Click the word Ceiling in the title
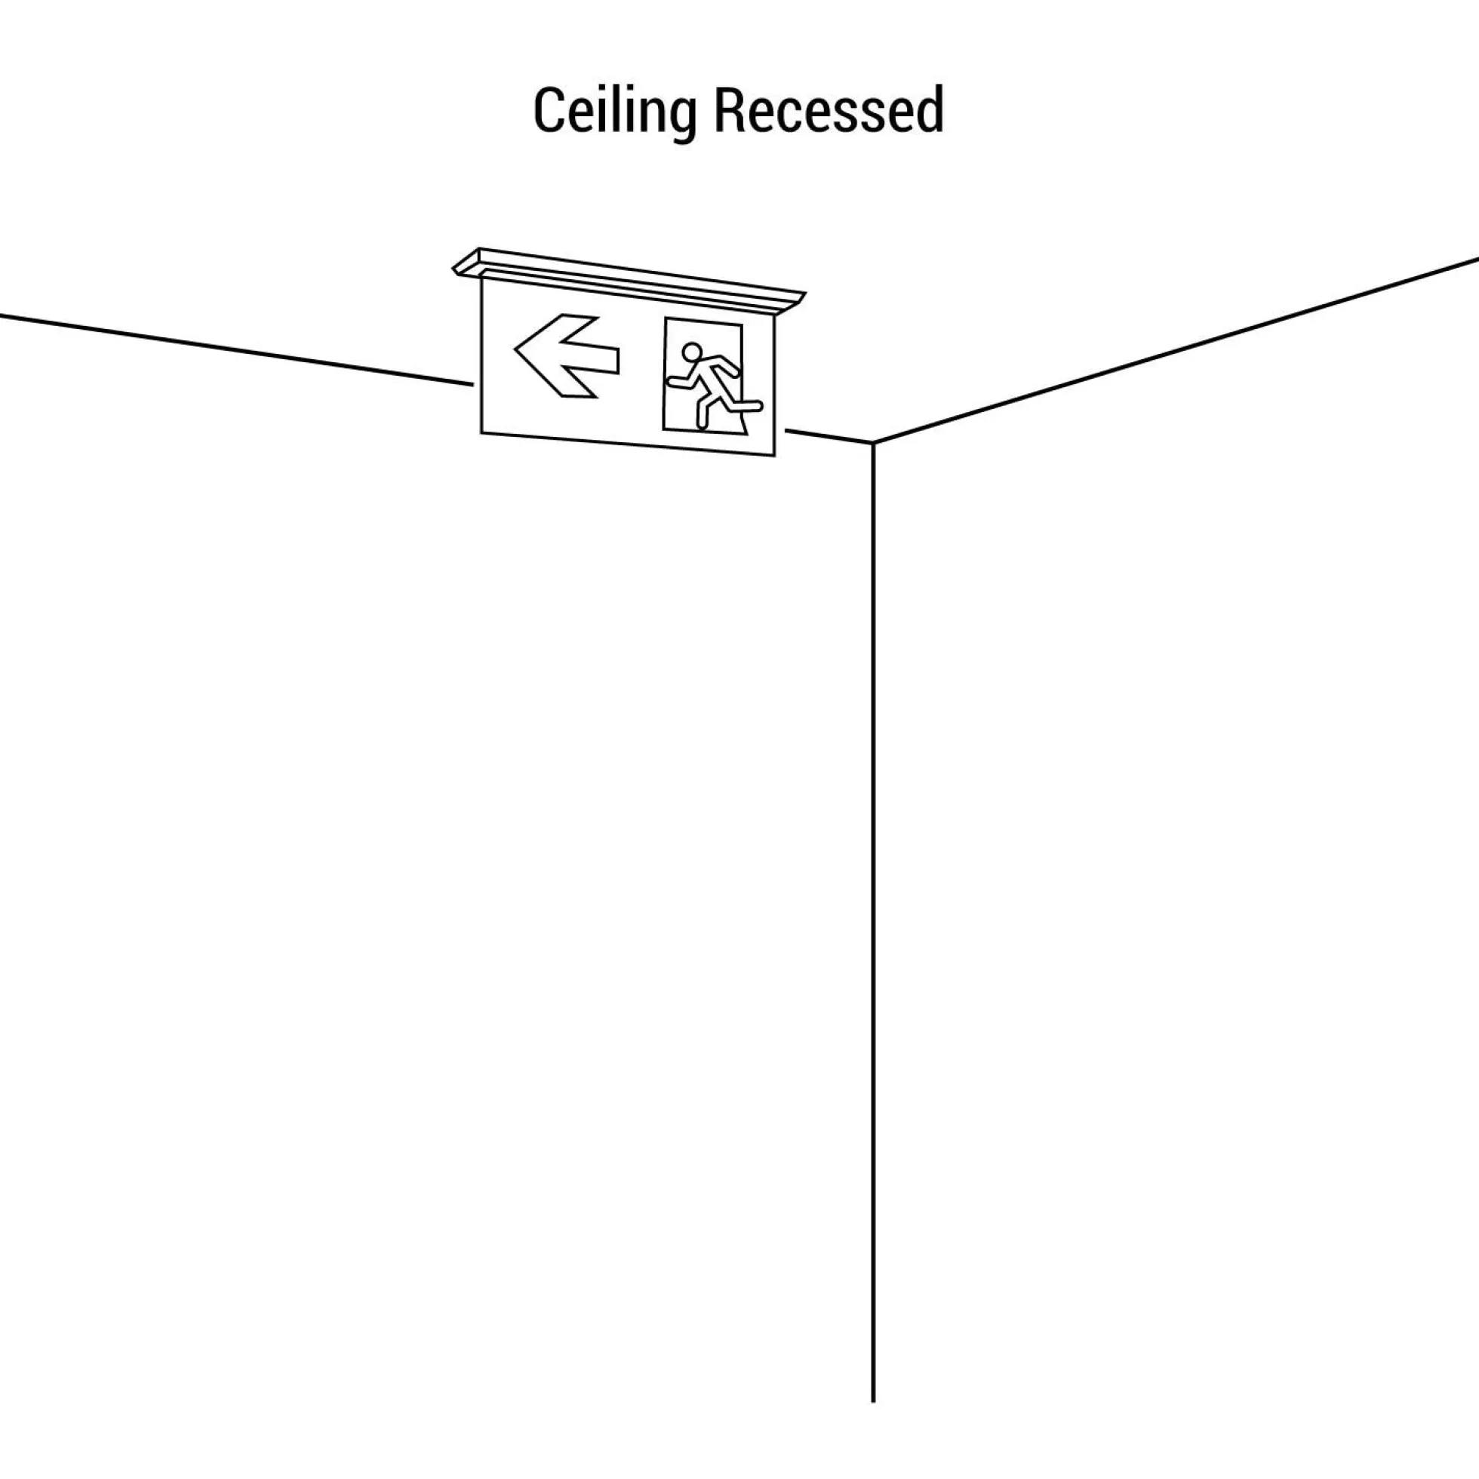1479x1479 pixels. [615, 112]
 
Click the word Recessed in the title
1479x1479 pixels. [829, 109]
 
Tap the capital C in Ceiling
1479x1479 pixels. [548, 110]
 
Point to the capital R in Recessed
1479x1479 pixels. [730, 110]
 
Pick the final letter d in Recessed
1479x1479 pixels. [929, 109]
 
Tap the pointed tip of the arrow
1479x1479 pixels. [515, 349]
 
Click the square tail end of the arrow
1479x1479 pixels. [617, 361]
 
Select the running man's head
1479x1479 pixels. [691, 352]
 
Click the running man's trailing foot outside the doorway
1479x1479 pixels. [753, 406]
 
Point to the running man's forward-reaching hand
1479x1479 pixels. [673, 380]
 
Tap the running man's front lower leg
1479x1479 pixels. [700, 414]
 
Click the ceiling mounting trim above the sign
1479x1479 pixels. [629, 280]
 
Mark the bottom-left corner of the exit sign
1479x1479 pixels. [481, 433]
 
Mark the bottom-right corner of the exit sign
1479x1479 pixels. [775, 457]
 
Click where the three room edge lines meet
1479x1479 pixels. [874, 442]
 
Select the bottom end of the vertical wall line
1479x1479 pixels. [874, 1402]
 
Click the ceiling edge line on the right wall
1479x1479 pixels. [1176, 351]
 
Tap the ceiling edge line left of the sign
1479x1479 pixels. [236, 349]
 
